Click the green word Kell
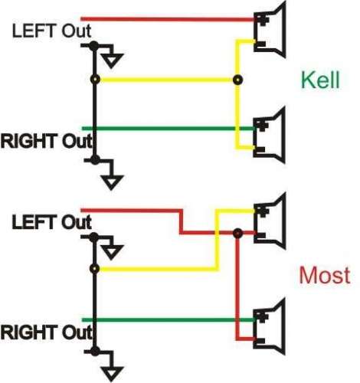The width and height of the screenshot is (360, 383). click(320, 80)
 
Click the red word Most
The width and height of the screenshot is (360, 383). click(325, 275)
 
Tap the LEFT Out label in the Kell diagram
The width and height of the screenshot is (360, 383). click(51, 31)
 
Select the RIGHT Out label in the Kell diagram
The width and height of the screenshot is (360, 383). click(46, 141)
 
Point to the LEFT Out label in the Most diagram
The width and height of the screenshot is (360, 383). click(51, 222)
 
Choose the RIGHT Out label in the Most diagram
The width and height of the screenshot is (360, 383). click(46, 332)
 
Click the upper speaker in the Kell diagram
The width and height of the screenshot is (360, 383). click(270, 30)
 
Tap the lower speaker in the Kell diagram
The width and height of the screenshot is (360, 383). click(269, 135)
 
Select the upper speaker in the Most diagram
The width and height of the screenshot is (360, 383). click(270, 221)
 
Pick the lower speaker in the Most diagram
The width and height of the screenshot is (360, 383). click(269, 326)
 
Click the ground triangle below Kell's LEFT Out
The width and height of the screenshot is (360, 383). click(111, 61)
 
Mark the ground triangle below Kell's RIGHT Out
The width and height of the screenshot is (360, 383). click(112, 182)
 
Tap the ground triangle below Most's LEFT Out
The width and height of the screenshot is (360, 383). click(111, 252)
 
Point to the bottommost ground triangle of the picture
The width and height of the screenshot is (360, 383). click(112, 374)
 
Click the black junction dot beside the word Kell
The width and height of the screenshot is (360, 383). click(237, 80)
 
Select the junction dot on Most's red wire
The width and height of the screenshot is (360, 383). click(237, 233)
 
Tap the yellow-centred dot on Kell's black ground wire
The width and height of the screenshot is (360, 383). click(95, 80)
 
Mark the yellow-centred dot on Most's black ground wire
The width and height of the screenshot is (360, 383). click(95, 269)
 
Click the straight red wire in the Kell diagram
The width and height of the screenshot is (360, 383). click(168, 19)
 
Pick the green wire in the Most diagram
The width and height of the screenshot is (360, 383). click(169, 319)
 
